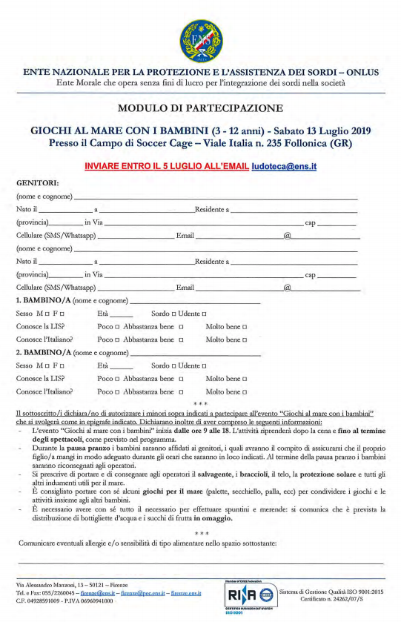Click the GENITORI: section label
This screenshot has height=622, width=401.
[x=36, y=184]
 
